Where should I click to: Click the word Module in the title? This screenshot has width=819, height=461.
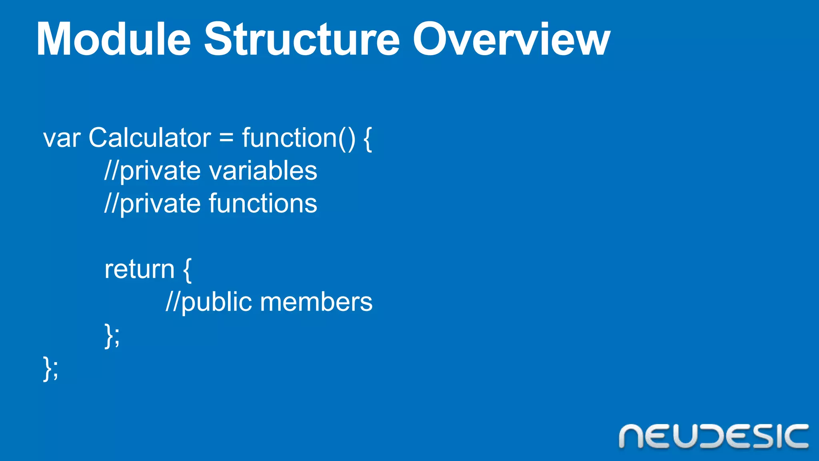pyautogui.click(x=114, y=40)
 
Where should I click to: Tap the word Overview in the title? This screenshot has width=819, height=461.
pyautogui.click(x=511, y=40)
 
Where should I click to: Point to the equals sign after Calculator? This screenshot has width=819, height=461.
pyautogui.click(x=226, y=138)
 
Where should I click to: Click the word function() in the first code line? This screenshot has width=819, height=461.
pyautogui.click(x=298, y=138)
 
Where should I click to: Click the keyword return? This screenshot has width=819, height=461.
pyautogui.click(x=139, y=269)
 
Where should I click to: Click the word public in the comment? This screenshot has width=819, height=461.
pyautogui.click(x=216, y=303)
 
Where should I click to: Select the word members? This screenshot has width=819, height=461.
pyautogui.click(x=316, y=302)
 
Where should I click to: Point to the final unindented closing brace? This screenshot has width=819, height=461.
pyautogui.click(x=47, y=368)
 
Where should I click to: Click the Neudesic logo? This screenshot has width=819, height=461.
pyautogui.click(x=713, y=436)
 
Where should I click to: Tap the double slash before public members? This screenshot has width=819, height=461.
pyautogui.click(x=173, y=302)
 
